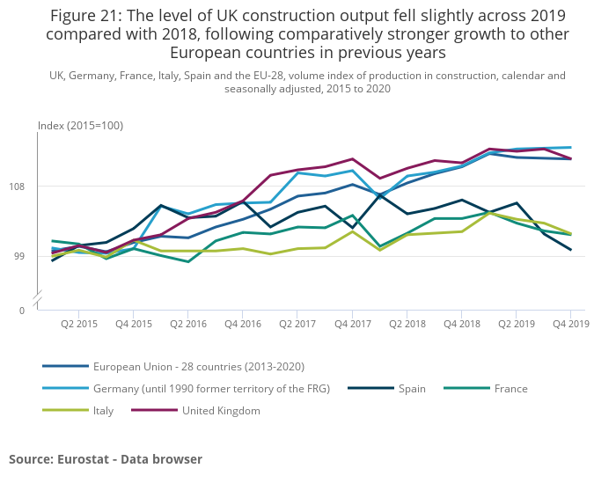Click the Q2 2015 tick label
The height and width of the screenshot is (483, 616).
coord(78,325)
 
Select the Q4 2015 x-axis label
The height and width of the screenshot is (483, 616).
coord(133,325)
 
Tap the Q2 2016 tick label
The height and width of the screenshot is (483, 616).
coord(187,325)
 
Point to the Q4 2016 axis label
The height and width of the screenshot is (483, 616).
coord(243,325)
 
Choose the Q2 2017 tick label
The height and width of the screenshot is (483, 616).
coord(297,325)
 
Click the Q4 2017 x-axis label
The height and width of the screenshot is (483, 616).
coord(352,325)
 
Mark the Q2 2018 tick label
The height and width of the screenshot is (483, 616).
coord(407,325)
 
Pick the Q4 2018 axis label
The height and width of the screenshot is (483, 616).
coord(462,325)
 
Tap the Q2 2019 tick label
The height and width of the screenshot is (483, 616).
coord(517,325)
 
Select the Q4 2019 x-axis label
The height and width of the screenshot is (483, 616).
coord(570,325)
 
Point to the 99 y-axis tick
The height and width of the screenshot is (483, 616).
coord(26,257)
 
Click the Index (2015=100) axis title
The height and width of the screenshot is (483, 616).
coord(80,126)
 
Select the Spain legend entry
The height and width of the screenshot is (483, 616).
coord(412,389)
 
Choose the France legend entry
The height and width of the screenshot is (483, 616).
coord(510,389)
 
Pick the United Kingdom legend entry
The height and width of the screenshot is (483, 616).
coord(221,411)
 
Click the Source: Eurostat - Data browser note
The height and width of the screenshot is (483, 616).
coord(106,459)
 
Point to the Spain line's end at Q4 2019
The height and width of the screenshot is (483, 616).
coord(571,250)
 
